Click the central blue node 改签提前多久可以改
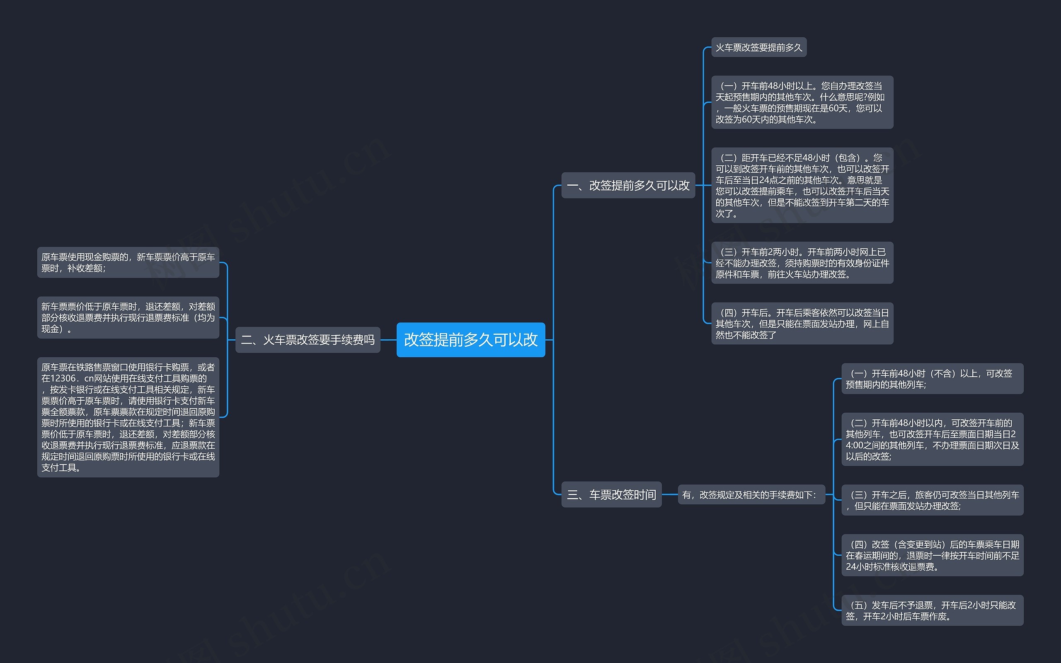[x=470, y=340]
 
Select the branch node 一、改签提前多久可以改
[x=628, y=186]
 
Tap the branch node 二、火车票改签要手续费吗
[x=308, y=340]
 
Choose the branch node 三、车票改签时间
[x=611, y=495]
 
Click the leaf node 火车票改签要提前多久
[x=758, y=47]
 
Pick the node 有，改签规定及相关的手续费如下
[x=751, y=495]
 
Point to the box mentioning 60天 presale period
[x=802, y=102]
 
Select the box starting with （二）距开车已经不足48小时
[x=802, y=186]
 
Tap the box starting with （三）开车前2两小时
[x=802, y=263]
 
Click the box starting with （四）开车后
[x=802, y=324]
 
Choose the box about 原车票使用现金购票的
[x=128, y=262]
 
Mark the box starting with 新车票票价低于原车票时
[x=128, y=317]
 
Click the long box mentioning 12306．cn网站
[x=128, y=417]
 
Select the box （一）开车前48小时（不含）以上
[x=932, y=378]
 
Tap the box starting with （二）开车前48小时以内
[x=932, y=439]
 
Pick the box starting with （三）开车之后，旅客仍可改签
[x=932, y=500]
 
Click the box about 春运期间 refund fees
[x=932, y=555]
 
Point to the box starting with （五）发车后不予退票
[x=932, y=610]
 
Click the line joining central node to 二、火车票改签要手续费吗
[x=388, y=340]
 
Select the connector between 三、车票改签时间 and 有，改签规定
[x=669, y=495]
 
